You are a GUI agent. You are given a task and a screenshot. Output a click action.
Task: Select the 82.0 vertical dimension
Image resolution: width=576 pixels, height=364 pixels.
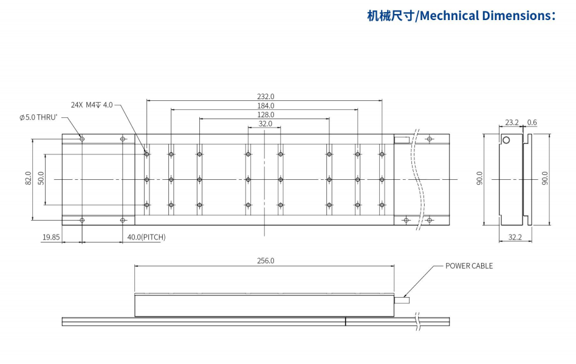28,179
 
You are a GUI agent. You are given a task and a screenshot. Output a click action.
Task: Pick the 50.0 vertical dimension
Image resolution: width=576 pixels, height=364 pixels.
41,179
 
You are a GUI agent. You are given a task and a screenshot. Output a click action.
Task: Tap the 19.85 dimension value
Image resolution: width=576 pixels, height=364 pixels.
51,237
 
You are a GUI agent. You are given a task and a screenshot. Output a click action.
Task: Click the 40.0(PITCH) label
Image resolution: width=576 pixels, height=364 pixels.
146,237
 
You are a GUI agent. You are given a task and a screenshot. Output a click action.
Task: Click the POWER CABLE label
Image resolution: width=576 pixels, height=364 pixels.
469,266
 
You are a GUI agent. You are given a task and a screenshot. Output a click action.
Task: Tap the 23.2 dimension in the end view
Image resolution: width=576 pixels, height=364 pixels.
512,122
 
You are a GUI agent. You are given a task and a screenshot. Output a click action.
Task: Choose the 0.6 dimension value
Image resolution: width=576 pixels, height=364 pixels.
532,122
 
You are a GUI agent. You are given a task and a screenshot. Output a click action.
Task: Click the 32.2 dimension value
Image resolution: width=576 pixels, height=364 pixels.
515,237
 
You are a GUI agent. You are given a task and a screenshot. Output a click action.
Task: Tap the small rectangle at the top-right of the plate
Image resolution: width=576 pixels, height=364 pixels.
402,140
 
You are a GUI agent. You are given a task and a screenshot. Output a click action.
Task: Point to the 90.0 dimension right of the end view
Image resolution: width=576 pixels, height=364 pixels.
544,179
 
